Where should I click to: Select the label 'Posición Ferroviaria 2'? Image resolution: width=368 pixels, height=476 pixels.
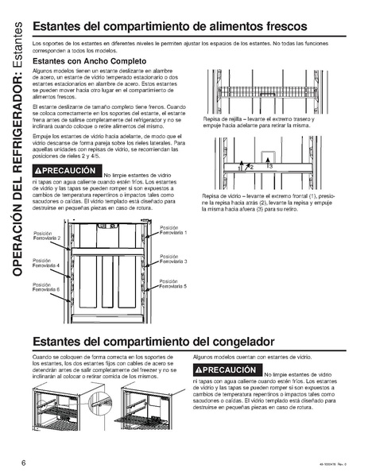[46, 234]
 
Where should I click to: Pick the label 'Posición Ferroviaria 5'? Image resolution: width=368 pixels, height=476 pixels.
[172, 284]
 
